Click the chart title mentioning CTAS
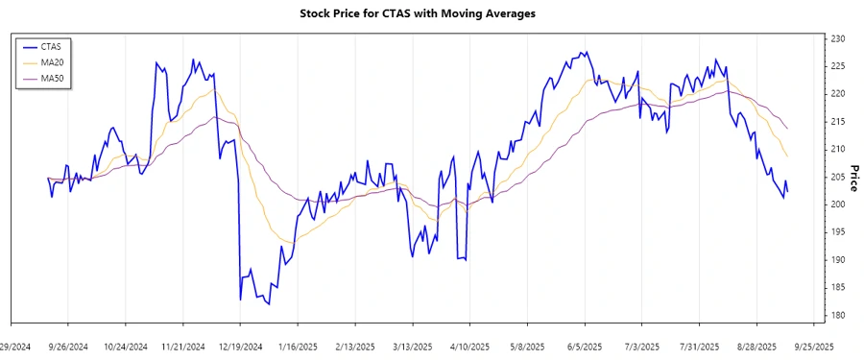click(x=431, y=13)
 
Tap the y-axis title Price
click(x=853, y=177)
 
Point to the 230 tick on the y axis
click(x=837, y=38)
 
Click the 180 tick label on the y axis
click(x=837, y=315)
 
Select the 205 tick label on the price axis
click(x=837, y=177)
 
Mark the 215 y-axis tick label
click(x=837, y=121)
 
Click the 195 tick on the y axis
click(x=837, y=232)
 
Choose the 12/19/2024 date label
click(x=240, y=347)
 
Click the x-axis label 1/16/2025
click(x=298, y=347)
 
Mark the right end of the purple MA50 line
click(x=788, y=129)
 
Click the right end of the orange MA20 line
click(x=788, y=156)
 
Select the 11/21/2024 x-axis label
click(x=182, y=347)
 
